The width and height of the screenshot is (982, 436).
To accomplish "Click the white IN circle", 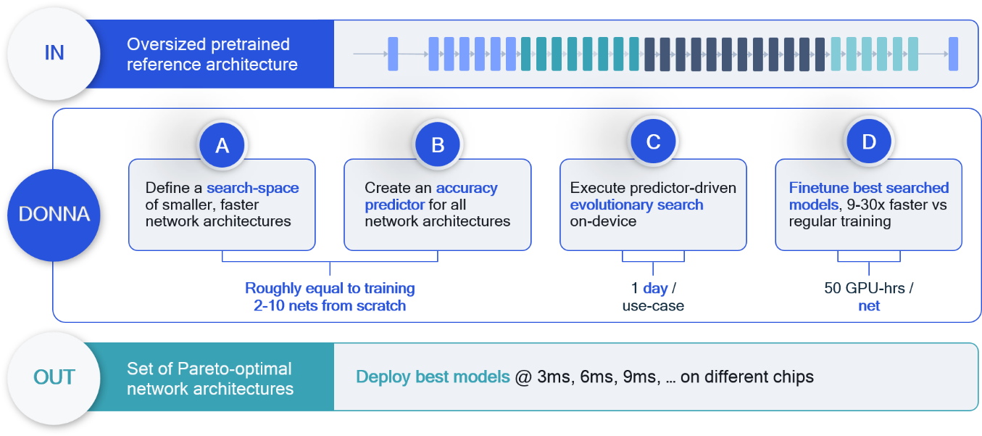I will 54,54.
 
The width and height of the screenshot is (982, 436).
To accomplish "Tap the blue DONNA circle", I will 54,215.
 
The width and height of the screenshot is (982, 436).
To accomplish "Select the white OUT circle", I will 54,377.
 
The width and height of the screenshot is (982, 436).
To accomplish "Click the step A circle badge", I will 222,145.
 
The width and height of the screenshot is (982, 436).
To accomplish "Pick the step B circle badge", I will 438,145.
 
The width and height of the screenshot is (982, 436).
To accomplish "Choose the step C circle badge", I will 653,142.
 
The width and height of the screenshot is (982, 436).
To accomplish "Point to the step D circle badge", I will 868,142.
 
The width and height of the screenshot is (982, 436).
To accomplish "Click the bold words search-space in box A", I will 252,188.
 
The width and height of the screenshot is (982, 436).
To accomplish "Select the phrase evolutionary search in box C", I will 636,205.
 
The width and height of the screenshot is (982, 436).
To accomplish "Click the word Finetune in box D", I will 816,188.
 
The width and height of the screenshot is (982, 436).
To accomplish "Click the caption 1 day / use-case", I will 653,297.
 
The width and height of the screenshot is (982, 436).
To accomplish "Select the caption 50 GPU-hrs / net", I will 868,297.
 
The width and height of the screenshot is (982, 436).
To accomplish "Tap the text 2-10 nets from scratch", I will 330,305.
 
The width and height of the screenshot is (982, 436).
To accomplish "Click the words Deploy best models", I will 433,377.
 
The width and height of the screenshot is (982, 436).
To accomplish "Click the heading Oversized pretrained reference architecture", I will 212,54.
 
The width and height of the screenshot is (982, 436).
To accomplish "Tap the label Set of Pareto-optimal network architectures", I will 210,378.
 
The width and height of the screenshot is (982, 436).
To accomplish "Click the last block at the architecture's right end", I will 953,54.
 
